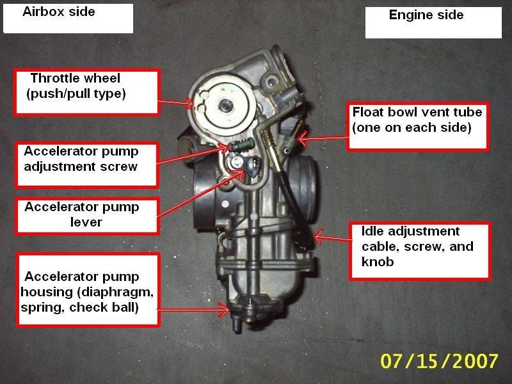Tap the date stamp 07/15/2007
pyautogui.click(x=439, y=360)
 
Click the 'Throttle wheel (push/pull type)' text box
pyautogui.click(x=86, y=93)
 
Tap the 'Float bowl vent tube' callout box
pyautogui.click(x=418, y=126)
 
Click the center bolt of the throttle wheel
pyautogui.click(x=226, y=106)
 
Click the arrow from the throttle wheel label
pyautogui.click(x=174, y=101)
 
